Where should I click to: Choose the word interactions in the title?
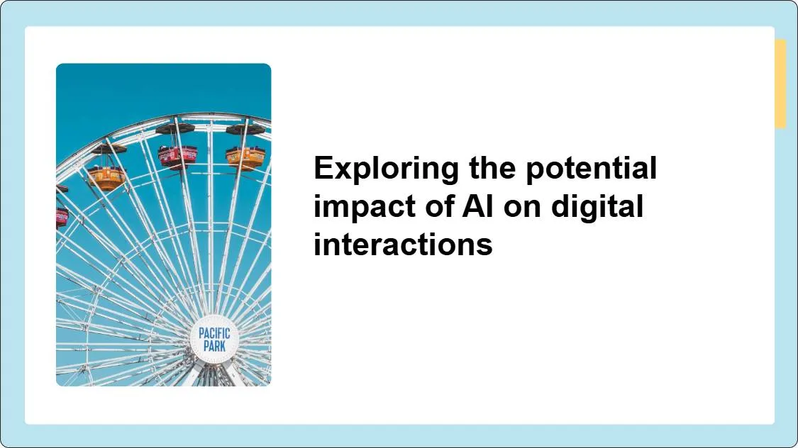coord(403,245)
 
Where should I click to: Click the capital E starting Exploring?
coord(323,169)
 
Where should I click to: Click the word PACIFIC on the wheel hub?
coord(214,333)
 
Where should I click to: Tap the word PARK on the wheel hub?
coord(214,347)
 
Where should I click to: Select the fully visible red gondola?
coord(175,155)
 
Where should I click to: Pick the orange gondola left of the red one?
coord(106,177)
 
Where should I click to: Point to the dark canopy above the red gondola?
coord(175,128)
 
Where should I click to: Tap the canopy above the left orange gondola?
coord(109,149)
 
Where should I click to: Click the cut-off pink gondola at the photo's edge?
coord(62,216)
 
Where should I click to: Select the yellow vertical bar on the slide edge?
coord(780,84)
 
